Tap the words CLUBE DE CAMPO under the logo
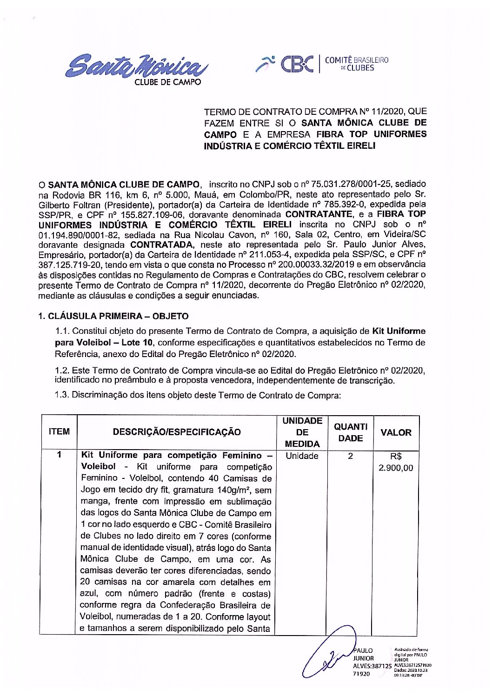(x=167, y=82)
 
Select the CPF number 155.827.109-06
(x=152, y=215)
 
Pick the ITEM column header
(x=59, y=432)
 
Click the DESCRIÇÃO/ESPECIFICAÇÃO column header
(x=177, y=432)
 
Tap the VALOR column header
(x=396, y=432)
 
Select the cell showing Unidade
(x=302, y=456)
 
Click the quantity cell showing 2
(x=350, y=456)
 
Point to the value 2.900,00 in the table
(x=396, y=468)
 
